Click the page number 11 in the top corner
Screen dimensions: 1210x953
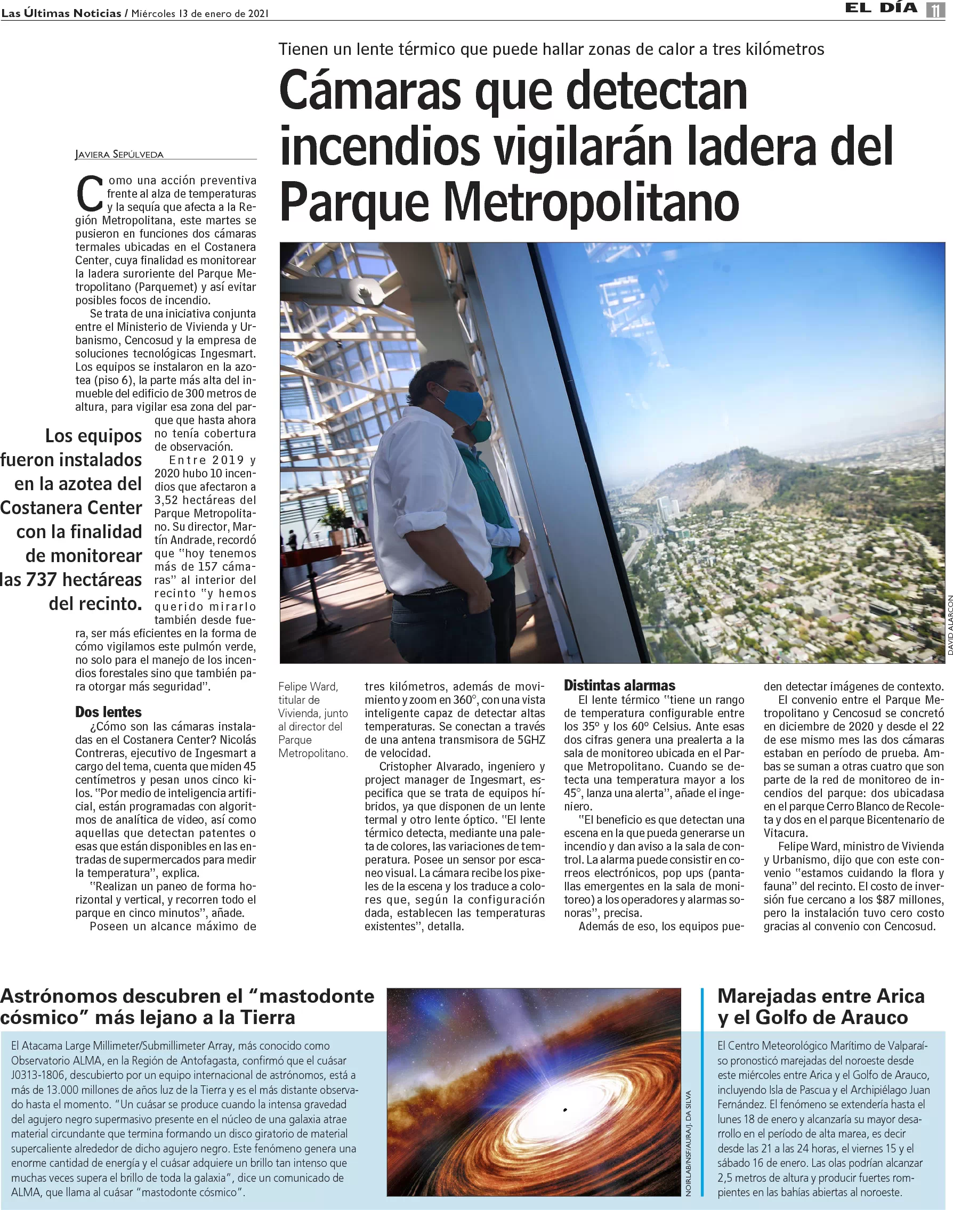[936, 10]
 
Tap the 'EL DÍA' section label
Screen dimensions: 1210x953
[881, 8]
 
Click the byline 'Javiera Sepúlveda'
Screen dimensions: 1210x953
[119, 155]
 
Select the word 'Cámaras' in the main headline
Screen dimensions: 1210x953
[370, 91]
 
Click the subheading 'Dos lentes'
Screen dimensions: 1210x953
[108, 712]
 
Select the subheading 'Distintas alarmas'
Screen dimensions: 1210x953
[619, 685]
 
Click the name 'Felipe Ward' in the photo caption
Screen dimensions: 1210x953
[308, 686]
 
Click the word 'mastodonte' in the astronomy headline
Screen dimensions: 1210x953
[317, 996]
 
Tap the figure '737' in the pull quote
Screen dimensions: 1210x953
[41, 580]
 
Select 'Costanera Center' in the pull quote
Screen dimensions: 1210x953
[71, 508]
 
